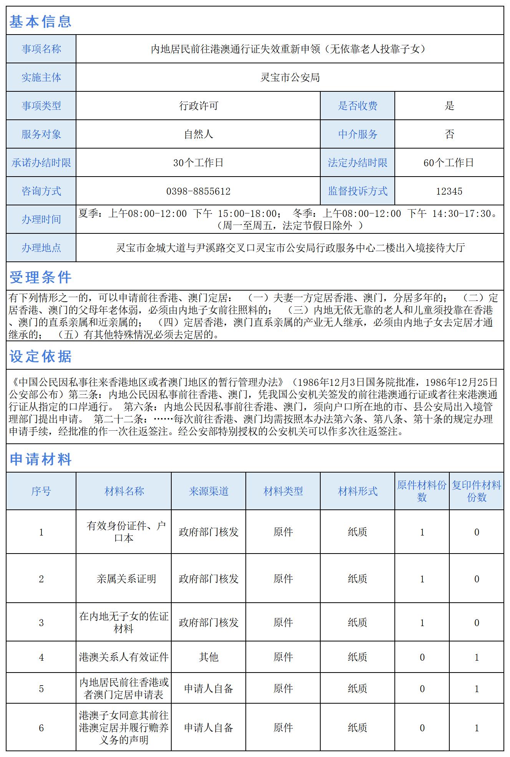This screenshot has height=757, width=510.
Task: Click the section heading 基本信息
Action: (x=40, y=21)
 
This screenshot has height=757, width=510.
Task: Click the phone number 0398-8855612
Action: (x=198, y=191)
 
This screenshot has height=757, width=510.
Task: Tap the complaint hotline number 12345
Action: (x=449, y=191)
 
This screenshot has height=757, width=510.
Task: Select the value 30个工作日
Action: (x=198, y=163)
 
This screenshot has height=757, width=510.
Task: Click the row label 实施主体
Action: (x=41, y=78)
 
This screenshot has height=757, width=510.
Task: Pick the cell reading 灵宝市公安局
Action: (x=290, y=78)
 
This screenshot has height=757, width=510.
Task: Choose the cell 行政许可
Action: (x=198, y=106)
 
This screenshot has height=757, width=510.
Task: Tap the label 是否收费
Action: (x=358, y=106)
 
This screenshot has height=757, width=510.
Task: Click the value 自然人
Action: (x=198, y=134)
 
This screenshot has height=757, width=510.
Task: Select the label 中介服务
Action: (x=358, y=134)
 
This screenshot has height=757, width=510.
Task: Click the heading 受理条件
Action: (x=40, y=277)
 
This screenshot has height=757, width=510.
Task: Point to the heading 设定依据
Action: (x=40, y=356)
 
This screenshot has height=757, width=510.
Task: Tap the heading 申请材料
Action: (x=40, y=459)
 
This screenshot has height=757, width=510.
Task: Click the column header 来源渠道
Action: (x=209, y=491)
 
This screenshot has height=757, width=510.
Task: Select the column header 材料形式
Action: (x=358, y=491)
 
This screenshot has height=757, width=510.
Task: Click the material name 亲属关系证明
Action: (x=126, y=578)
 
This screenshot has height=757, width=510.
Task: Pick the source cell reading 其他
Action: (x=209, y=657)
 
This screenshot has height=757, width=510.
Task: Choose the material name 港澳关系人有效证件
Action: (x=124, y=657)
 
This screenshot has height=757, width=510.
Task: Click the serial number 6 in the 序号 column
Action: (x=41, y=727)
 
